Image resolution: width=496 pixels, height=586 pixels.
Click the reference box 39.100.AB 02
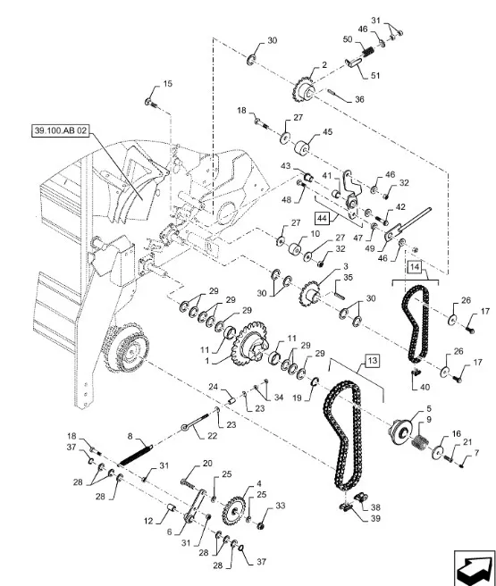pyautogui.click(x=61, y=130)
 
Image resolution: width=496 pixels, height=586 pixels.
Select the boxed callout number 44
pyautogui.click(x=323, y=218)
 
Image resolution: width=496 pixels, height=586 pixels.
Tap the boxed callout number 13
pyautogui.click(x=372, y=361)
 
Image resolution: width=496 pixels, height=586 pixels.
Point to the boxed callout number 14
pyautogui.click(x=415, y=267)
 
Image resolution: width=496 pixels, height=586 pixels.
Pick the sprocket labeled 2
pyautogui.click(x=304, y=89)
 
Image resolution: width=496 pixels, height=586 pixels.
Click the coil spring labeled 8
pyautogui.click(x=136, y=453)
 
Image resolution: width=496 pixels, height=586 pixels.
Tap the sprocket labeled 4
pyautogui.click(x=233, y=511)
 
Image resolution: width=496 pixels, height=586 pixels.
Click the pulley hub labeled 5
pyautogui.click(x=400, y=431)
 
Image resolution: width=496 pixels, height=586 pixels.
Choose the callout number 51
pyautogui.click(x=375, y=76)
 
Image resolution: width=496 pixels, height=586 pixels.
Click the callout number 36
pyautogui.click(x=359, y=99)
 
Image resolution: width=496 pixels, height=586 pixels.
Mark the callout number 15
pyautogui.click(x=168, y=83)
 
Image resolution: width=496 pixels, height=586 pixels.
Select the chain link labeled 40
pyautogui.click(x=416, y=372)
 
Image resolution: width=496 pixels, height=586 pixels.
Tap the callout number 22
pyautogui.click(x=213, y=436)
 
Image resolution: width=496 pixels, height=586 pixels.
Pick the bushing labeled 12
pyautogui.click(x=172, y=508)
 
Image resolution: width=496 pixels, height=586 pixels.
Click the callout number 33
pyautogui.click(x=281, y=506)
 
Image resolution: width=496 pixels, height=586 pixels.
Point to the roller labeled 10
pyautogui.click(x=295, y=248)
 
